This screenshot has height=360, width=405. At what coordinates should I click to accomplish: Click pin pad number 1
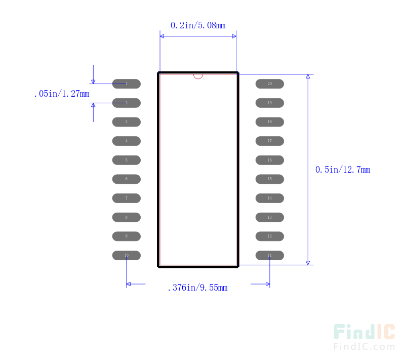pos(126,84)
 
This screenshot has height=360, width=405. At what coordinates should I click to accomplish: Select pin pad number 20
pos(269,84)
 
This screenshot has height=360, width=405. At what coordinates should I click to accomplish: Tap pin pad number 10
pos(126,255)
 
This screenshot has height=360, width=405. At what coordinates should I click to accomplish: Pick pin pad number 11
pos(269,255)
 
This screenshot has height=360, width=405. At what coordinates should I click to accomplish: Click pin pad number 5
pos(126,160)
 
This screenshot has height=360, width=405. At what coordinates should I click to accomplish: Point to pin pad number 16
pos(269,160)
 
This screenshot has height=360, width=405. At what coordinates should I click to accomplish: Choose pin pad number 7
pos(126,198)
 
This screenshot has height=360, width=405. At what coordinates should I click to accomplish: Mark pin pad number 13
pos(269,217)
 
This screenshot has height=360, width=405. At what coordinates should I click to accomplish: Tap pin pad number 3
pos(126,122)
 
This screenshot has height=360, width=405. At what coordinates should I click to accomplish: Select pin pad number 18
pos(269,122)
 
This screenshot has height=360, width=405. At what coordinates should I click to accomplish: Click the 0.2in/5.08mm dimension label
pos(198,25)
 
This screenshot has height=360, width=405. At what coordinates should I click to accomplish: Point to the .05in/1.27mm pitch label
pos(62,94)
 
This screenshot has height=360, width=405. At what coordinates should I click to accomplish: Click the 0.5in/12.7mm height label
pos(343,170)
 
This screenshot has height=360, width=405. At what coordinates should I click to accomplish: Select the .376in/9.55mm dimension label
pos(197,288)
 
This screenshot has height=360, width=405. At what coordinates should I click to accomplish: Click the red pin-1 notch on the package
pos(198,76)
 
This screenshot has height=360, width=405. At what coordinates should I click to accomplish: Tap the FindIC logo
pos(364,332)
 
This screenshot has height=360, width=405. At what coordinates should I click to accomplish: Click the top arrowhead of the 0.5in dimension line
pos(308,77)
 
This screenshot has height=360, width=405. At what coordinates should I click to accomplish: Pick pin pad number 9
pos(126,236)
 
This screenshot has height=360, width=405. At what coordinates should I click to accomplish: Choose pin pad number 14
pos(269,198)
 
